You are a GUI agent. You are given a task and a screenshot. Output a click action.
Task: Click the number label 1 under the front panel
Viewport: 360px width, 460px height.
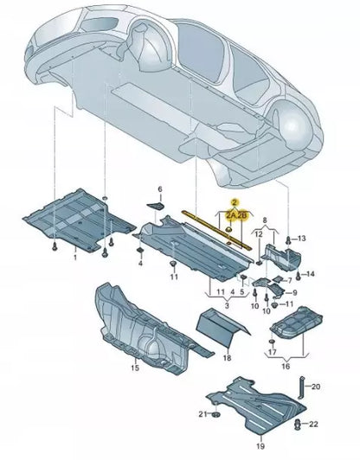pos(74,257)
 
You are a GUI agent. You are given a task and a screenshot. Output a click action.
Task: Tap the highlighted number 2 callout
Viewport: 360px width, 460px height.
pos(235,201)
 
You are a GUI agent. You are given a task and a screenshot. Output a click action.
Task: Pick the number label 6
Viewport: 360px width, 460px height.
pos(159,188)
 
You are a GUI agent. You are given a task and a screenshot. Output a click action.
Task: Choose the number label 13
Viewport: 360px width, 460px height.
pos(302,238)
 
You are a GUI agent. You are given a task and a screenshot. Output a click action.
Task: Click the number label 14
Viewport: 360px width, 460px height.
pos(312,274)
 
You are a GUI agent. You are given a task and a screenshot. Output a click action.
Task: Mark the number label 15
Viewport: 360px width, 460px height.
pos(134,367)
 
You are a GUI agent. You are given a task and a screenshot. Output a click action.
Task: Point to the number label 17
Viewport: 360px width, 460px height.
pos(272,354)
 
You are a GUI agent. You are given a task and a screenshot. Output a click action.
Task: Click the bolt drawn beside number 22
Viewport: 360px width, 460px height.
pos(298,423)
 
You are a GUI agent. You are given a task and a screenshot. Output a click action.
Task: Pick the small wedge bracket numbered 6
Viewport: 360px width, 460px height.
pos(155,205)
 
